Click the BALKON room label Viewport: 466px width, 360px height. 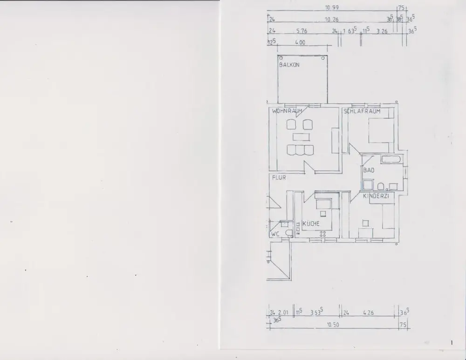tap(289, 65)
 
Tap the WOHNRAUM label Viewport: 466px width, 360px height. tap(288, 111)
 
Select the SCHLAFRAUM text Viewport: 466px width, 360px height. tap(362, 111)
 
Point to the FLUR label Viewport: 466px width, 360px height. tap(279, 177)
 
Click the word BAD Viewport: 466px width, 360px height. tap(369, 170)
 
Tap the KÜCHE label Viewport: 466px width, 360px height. tap(311, 224)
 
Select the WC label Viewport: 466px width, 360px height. tap(275, 234)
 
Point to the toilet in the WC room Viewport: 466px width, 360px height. tap(289, 233)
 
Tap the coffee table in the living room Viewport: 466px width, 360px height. tap(301, 137)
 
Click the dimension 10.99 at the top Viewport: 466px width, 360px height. tap(332, 7)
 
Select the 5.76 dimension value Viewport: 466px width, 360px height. tap(301, 31)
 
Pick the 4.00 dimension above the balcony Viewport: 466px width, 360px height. tap(300, 42)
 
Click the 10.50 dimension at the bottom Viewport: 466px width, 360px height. tap(332, 324)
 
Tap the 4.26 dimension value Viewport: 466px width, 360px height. tap(368, 313)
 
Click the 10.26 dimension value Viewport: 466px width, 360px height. tap(331, 20)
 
